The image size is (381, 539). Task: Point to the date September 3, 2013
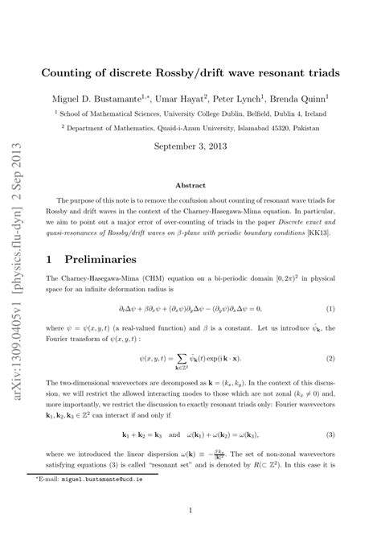[x=190, y=147]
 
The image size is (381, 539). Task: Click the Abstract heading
[x=190, y=184]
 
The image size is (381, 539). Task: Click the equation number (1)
[x=330, y=309]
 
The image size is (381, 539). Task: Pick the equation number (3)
[x=330, y=435]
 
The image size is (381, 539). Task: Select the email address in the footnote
[x=107, y=477]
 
